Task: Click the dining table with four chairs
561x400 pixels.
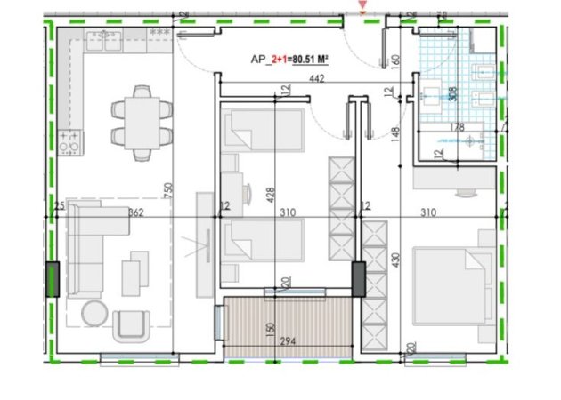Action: [x=142, y=123]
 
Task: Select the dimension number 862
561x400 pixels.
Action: [x=136, y=213]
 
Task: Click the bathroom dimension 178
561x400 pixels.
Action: [x=457, y=127]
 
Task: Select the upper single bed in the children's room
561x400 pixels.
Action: [x=262, y=131]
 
